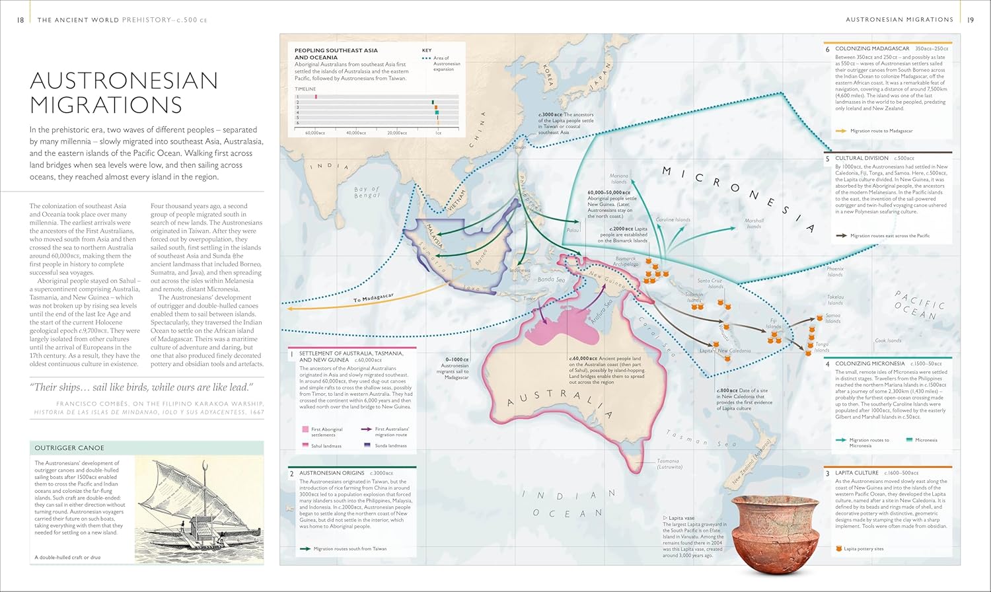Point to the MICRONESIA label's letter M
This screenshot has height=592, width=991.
667,171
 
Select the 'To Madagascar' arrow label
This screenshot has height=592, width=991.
373,298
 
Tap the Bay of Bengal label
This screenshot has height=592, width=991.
367,192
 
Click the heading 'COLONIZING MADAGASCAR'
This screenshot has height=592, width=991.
872,49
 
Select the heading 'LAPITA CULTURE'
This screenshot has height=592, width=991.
856,473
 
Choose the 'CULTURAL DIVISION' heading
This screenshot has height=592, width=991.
862,159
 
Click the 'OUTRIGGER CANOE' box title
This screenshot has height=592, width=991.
69,448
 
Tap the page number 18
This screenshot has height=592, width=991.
20,20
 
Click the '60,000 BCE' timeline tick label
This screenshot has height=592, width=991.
315,133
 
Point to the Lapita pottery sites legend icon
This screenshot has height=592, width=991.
839,548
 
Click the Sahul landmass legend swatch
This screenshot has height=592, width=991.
305,445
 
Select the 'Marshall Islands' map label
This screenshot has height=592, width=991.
754,223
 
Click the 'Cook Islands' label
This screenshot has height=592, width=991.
888,341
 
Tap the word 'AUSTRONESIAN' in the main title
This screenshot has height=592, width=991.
124,81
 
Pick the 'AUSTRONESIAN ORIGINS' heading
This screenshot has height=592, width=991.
332,473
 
